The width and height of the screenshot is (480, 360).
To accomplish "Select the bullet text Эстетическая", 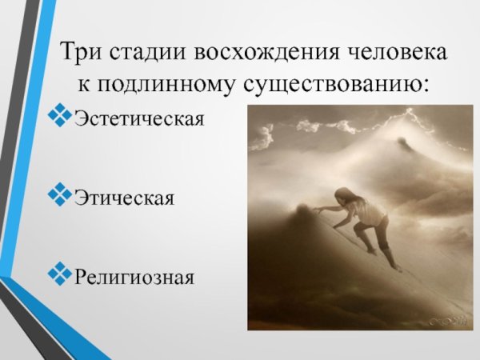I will pos(138,120).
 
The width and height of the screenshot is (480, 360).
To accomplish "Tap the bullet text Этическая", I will pos(123,197).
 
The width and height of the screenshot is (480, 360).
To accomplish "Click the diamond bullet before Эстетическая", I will pos(60,118).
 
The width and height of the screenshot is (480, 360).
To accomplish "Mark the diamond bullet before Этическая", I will pos(60,195).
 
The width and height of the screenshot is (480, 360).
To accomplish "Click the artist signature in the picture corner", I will pos(451,320).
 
